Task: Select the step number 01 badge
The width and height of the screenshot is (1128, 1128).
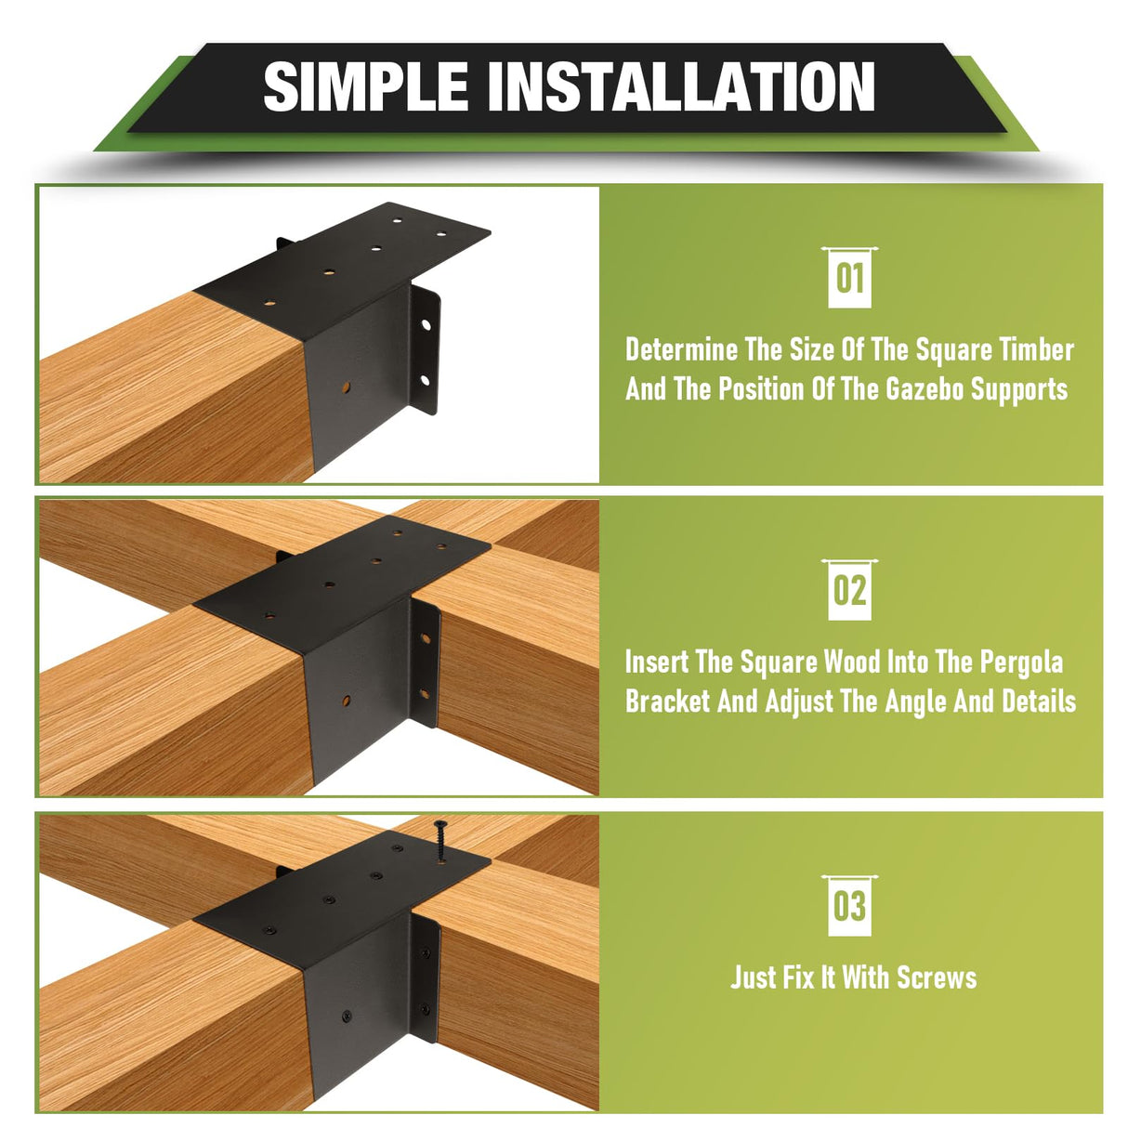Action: tap(849, 278)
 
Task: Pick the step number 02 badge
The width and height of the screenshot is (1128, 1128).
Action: tap(849, 590)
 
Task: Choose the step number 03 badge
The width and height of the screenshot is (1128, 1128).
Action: tap(849, 906)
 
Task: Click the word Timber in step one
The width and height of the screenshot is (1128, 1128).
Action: tap(1037, 350)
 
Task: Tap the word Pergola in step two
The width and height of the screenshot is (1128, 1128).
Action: tap(1023, 662)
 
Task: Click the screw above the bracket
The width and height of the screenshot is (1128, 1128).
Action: tap(440, 839)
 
